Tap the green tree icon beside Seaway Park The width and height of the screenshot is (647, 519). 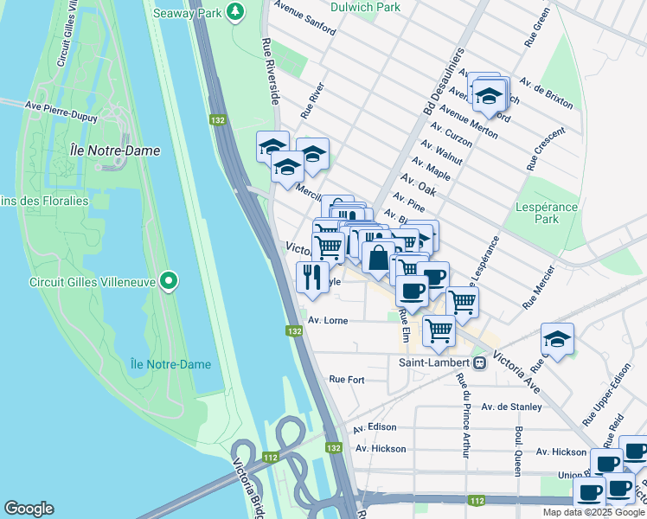click(234, 11)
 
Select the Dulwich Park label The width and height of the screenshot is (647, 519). click(365, 7)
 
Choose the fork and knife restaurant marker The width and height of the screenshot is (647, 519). click(311, 277)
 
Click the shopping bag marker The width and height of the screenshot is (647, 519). click(379, 258)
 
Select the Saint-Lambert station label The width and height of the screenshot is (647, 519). click(433, 362)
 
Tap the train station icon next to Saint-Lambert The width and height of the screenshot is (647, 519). click(479, 362)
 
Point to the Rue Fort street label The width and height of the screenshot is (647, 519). click(347, 379)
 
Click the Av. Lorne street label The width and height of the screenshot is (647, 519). click(328, 320)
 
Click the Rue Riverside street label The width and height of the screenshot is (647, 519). click(270, 73)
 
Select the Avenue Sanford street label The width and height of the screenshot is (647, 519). click(305, 20)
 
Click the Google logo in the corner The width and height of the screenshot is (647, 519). click(29, 509)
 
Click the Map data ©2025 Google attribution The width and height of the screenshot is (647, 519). click(593, 512)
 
